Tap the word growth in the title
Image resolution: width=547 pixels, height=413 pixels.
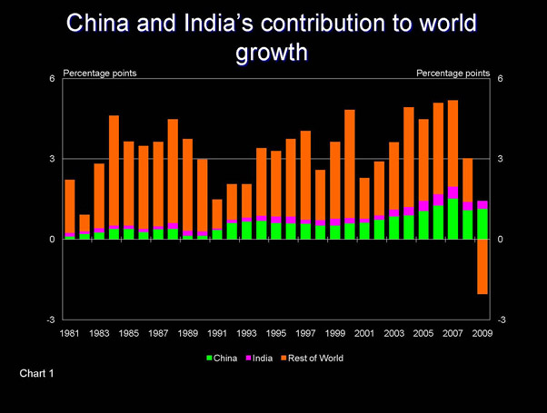(x=273, y=53)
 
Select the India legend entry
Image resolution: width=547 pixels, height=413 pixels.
(x=263, y=359)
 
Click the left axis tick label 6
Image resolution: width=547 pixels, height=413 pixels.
(x=53, y=79)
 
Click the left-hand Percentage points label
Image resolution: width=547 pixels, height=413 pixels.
(x=100, y=73)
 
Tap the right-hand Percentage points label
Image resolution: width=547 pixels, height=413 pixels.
(x=453, y=73)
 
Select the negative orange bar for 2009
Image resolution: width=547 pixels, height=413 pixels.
(x=482, y=266)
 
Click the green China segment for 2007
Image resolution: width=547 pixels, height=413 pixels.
(x=453, y=219)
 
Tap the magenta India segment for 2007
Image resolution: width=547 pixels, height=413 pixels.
(x=453, y=192)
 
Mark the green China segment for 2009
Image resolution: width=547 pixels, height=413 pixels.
(x=482, y=224)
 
